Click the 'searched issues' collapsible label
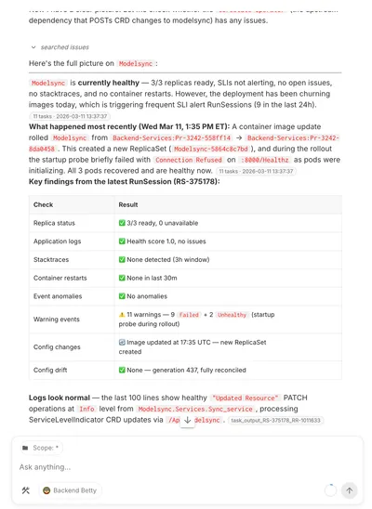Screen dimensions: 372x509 click(x=63, y=46)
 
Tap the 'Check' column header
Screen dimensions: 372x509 click(x=43, y=204)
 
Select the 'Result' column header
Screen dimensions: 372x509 click(x=128, y=204)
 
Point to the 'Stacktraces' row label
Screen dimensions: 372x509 click(x=52, y=259)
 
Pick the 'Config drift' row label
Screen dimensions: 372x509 click(x=51, y=370)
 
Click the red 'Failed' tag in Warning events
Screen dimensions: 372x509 click(x=190, y=315)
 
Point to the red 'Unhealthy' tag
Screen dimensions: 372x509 click(x=233, y=315)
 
